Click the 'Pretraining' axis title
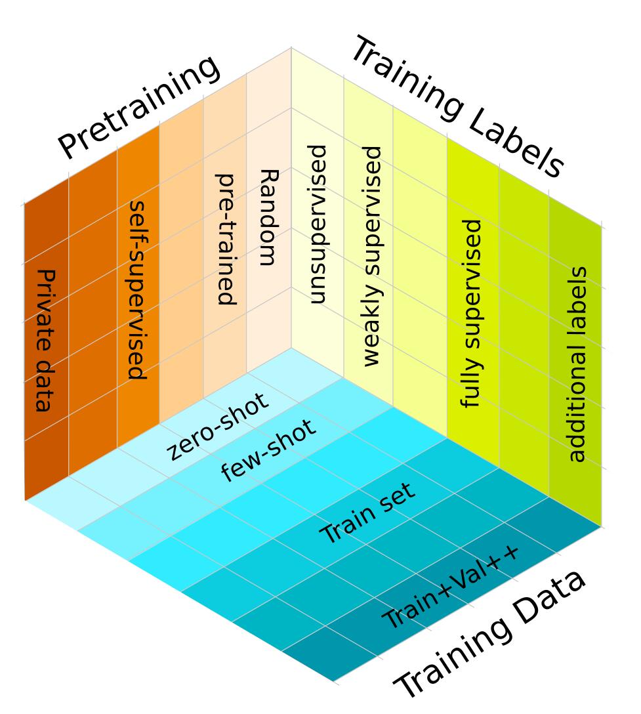pos(139,106)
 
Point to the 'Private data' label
pos(44,340)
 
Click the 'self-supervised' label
pos(136,289)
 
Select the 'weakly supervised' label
pos(371,256)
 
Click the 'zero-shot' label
pos(217,427)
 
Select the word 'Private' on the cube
pos(44,302)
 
